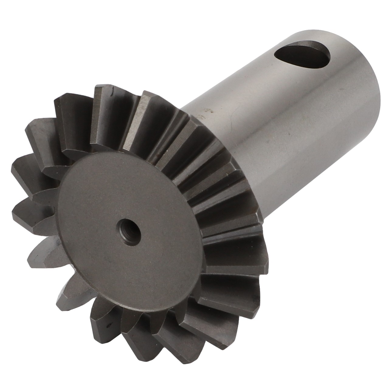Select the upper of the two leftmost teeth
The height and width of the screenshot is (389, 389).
pyautogui.click(x=27, y=170)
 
